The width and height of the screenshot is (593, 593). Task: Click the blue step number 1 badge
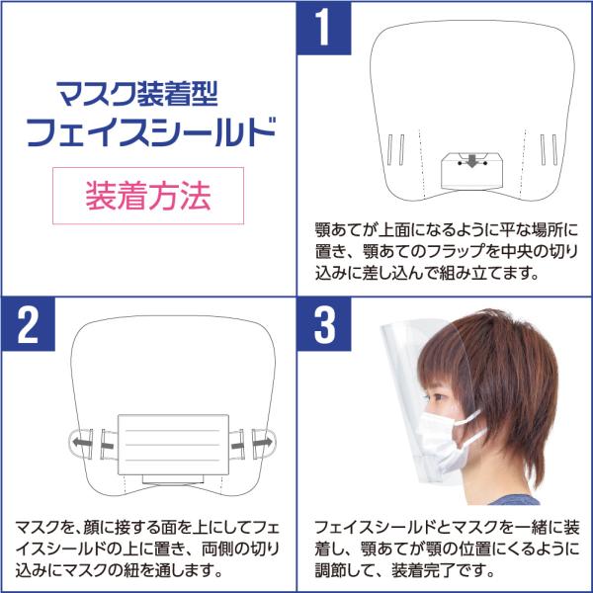coord(324,28)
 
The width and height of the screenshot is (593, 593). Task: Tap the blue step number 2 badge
coord(29,324)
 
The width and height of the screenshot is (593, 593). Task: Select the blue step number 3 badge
coord(324,324)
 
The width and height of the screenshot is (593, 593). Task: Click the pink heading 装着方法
coord(148,196)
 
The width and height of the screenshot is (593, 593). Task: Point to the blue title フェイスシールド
coord(151,132)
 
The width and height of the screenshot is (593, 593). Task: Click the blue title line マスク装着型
coord(137,94)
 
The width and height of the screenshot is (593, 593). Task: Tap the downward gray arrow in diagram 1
coord(471,160)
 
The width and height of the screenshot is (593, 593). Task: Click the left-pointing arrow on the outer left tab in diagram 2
coord(82,442)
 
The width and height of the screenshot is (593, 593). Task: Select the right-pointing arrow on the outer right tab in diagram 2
coord(262,442)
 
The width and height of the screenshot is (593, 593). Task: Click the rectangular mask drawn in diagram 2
coord(173,445)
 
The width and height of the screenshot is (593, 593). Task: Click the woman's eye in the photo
coord(439,398)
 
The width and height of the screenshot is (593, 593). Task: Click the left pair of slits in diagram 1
coord(396,150)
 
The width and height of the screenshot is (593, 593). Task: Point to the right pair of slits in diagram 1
coord(549,150)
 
